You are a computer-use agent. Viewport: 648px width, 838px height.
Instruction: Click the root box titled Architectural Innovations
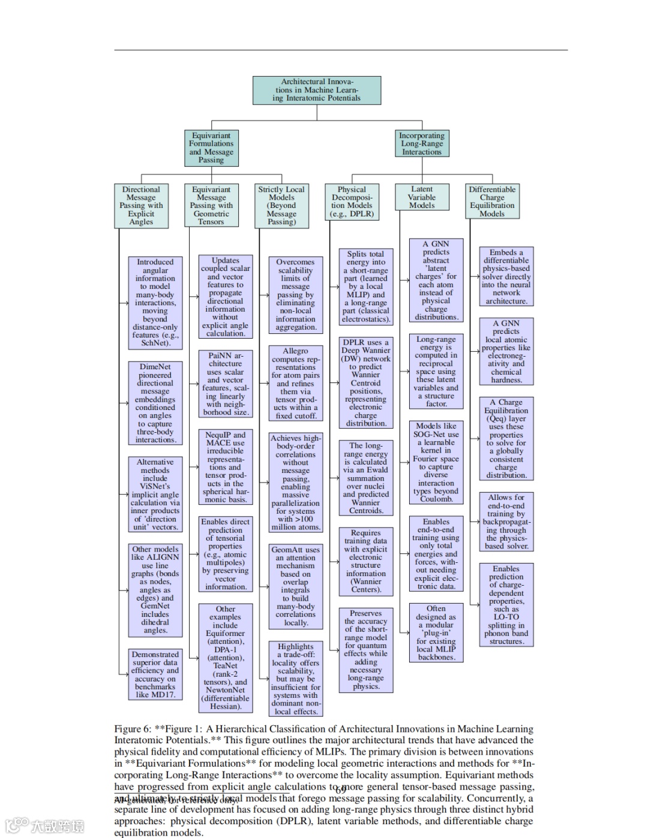click(316, 90)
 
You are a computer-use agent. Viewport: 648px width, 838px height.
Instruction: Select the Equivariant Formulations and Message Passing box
click(211, 147)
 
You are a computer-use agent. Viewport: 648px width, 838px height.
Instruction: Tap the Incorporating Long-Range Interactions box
click(421, 144)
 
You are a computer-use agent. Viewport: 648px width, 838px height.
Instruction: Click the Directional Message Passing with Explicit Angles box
click(141, 206)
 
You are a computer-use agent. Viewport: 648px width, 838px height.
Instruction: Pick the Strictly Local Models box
click(281, 206)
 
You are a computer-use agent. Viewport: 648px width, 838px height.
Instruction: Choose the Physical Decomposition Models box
click(352, 201)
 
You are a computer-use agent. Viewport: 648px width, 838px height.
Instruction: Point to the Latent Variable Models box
click(421, 197)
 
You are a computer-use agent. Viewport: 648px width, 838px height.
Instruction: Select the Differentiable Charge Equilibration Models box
click(492, 201)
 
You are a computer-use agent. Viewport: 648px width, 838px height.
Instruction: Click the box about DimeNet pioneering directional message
click(155, 403)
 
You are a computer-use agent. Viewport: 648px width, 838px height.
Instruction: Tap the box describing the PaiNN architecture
click(225, 384)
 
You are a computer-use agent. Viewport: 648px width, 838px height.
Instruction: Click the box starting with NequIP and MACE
click(225, 467)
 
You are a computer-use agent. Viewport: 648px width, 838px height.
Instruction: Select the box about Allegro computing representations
click(295, 383)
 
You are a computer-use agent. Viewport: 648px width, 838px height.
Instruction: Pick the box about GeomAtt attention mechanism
click(295, 586)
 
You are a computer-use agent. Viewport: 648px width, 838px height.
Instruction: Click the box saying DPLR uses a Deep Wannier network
click(365, 382)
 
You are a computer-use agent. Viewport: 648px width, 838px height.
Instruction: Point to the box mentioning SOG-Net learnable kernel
click(436, 462)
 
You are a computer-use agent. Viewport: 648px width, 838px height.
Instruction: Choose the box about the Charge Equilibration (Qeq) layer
click(506, 439)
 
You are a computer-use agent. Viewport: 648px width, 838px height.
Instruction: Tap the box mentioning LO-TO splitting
click(506, 605)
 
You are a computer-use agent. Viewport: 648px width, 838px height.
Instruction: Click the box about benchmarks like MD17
click(155, 674)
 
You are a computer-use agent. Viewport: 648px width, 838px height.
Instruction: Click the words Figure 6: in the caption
click(133, 729)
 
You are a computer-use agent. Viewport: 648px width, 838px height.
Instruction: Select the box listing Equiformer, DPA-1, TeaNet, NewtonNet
click(225, 658)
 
